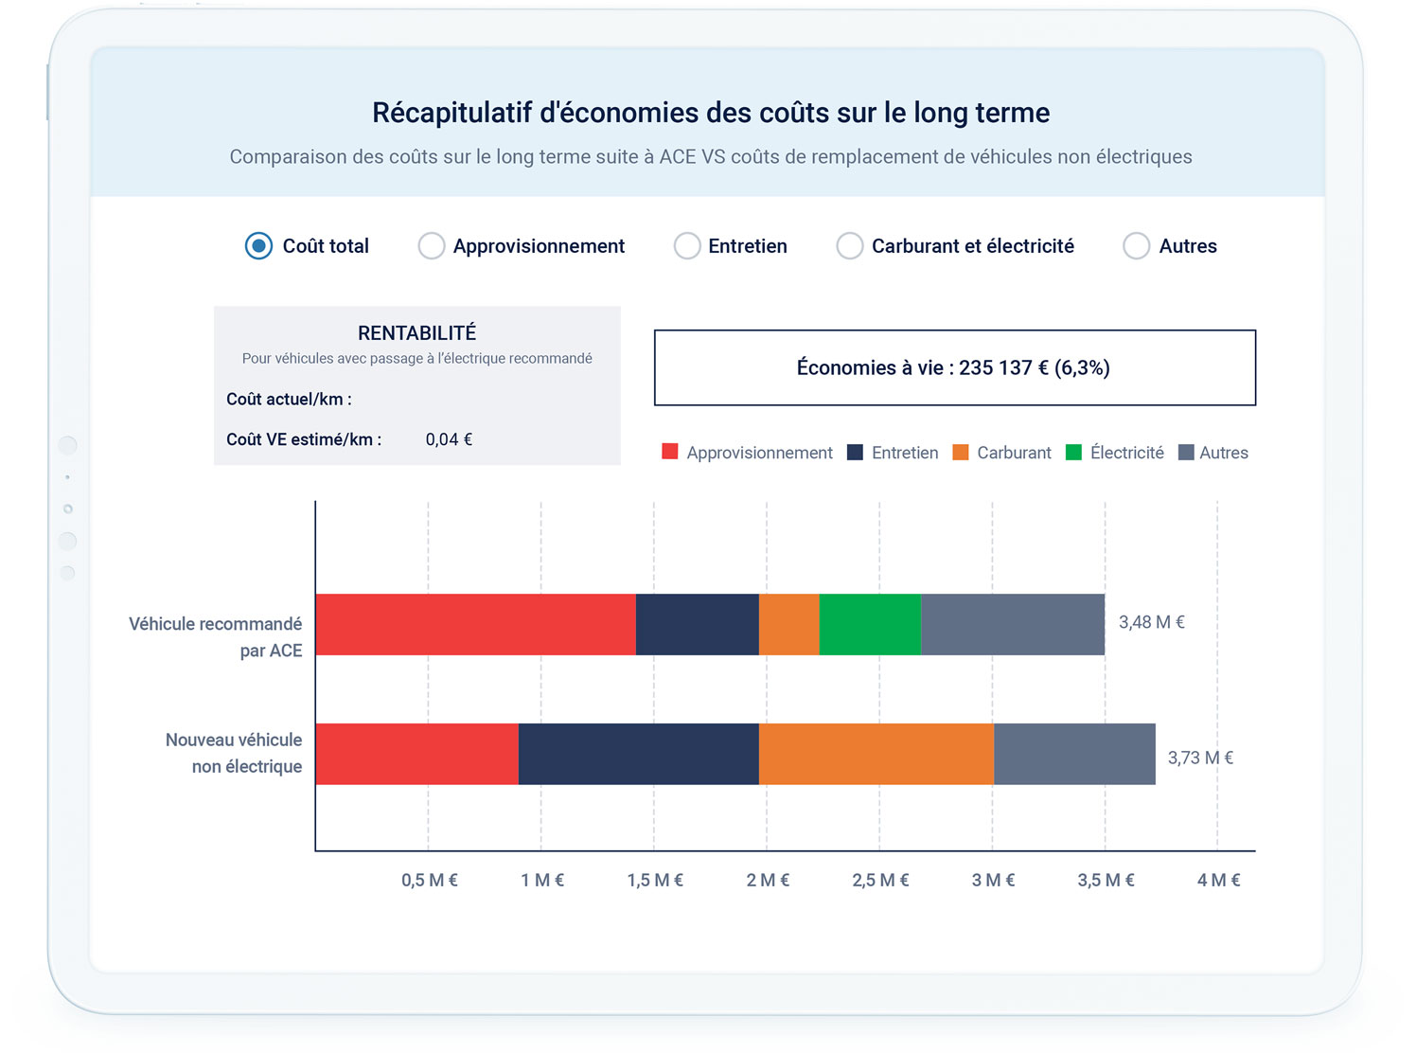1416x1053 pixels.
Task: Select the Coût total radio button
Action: click(x=258, y=246)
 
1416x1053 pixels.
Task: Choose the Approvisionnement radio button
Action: click(x=432, y=246)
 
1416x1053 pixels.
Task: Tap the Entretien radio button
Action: click(x=687, y=246)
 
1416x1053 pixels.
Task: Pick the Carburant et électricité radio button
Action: click(x=850, y=246)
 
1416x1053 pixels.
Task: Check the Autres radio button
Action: click(x=1136, y=246)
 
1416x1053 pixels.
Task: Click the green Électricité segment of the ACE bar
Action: click(x=870, y=625)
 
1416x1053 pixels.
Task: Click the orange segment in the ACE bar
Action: click(x=788, y=625)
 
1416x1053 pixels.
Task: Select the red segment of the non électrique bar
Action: click(x=416, y=754)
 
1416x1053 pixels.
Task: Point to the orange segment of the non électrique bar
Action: click(x=876, y=754)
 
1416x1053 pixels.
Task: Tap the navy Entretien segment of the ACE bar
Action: click(x=697, y=625)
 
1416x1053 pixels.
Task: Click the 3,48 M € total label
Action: click(x=1151, y=622)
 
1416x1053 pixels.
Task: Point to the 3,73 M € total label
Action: click(x=1200, y=758)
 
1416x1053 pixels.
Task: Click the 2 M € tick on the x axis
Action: click(x=768, y=881)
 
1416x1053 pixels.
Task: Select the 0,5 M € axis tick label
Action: click(x=429, y=881)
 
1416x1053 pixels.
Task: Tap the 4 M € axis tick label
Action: click(x=1218, y=881)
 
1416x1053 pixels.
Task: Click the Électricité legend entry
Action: click(x=1116, y=453)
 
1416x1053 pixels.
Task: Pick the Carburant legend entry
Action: click(x=1002, y=453)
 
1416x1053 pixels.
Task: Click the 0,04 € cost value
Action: click(x=449, y=439)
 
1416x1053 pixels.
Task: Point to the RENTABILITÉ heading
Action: click(x=416, y=333)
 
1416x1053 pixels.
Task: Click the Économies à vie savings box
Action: click(x=954, y=367)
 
